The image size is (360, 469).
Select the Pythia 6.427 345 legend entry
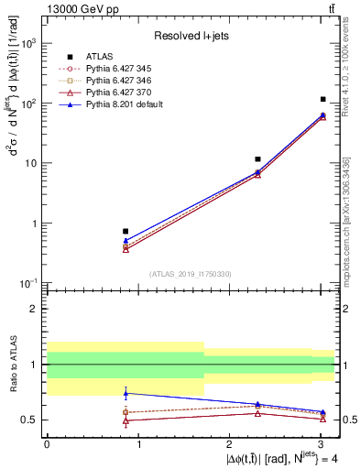(x=118, y=68)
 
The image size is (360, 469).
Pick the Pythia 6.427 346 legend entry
(x=118, y=80)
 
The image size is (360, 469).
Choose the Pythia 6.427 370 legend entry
(x=118, y=93)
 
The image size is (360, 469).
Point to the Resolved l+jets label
(x=191, y=36)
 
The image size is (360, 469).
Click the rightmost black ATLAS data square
(x=323, y=99)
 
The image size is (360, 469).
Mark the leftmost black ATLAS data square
(x=125, y=231)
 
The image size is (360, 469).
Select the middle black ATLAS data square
(x=258, y=159)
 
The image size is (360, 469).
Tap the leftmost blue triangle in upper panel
(x=125, y=241)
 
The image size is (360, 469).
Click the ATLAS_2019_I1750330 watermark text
(x=191, y=274)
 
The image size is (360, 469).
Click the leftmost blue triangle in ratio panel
(x=125, y=393)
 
